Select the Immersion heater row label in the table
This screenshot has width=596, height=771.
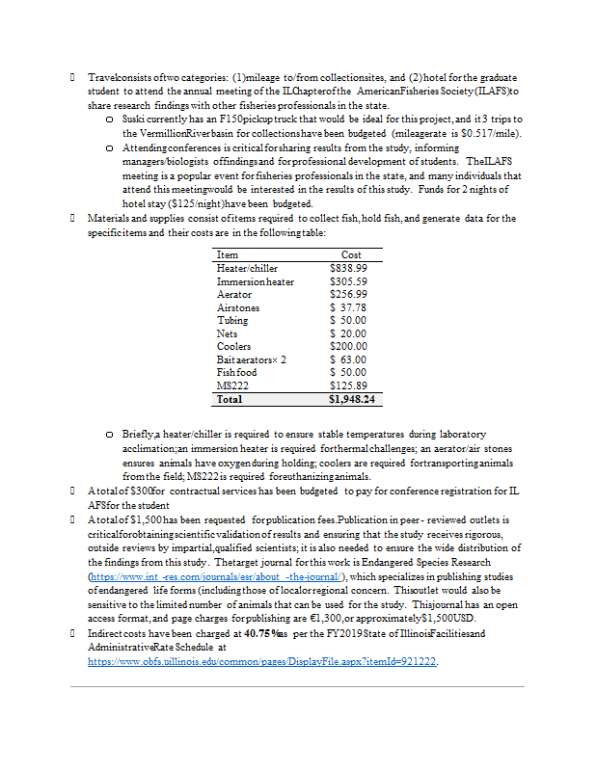pyautogui.click(x=256, y=281)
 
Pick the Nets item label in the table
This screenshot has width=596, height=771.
pyautogui.click(x=228, y=333)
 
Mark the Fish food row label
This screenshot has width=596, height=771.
pyautogui.click(x=237, y=372)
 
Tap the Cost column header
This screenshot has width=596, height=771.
pyautogui.click(x=351, y=254)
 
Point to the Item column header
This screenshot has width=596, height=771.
pyautogui.click(x=228, y=254)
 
